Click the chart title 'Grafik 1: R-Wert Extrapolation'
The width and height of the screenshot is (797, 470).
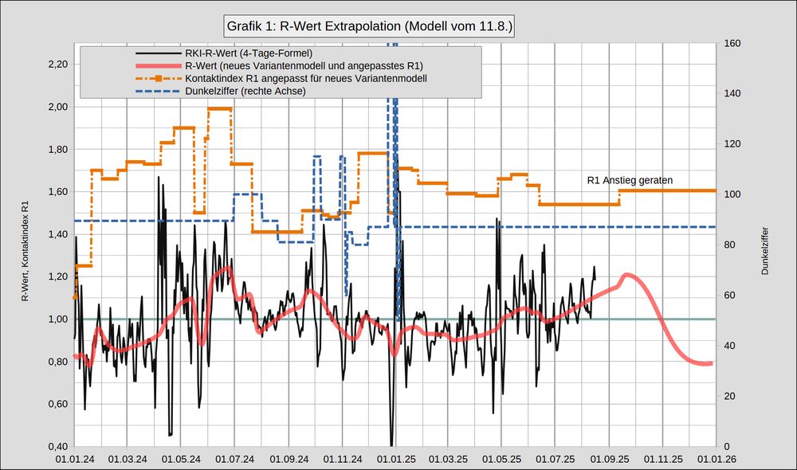click(x=370, y=26)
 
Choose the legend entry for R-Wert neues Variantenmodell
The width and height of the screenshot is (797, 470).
click(x=304, y=66)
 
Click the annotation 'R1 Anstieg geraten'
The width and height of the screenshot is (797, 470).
click(x=630, y=180)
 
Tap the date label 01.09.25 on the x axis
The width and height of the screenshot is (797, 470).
click(x=609, y=459)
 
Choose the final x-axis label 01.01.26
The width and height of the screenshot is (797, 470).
click(x=716, y=459)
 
